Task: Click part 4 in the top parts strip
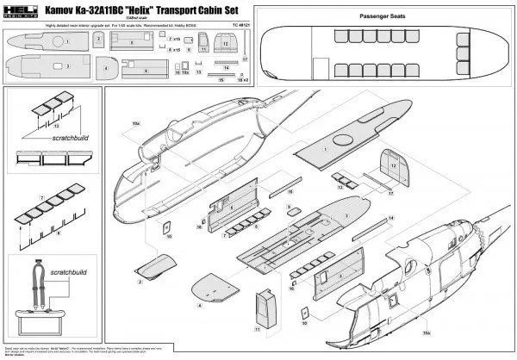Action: click(105, 66)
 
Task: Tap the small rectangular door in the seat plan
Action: click(320, 67)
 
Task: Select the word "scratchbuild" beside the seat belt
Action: click(53, 258)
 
